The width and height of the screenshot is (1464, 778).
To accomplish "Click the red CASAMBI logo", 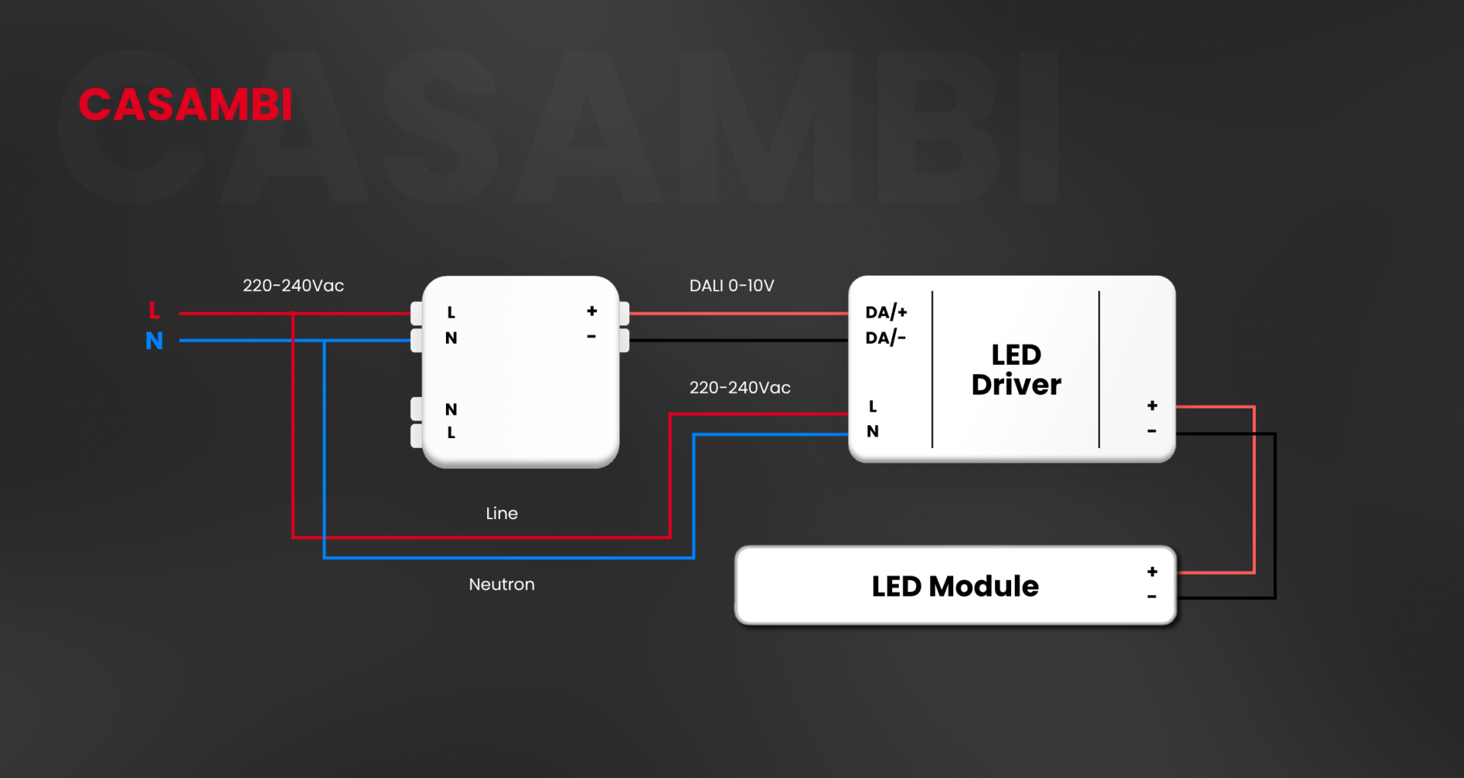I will click(185, 105).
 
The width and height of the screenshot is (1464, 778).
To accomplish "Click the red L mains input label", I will click(154, 310).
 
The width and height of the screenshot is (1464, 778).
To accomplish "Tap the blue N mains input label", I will click(154, 341).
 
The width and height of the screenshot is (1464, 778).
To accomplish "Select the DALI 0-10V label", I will click(731, 286).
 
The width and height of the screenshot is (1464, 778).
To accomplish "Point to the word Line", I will click(502, 514).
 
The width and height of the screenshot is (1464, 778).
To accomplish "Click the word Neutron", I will click(502, 584).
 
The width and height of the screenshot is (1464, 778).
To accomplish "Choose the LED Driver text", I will click(1016, 370).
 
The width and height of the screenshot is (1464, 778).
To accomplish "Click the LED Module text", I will click(955, 586).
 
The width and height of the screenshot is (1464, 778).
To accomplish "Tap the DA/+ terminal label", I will click(886, 312).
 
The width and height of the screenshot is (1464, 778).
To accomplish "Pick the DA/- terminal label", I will click(885, 338).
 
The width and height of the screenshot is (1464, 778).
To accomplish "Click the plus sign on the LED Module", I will click(1152, 571).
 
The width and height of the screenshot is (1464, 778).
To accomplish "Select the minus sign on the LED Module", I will click(1151, 597).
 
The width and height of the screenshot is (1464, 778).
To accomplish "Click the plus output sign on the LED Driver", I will click(1152, 405).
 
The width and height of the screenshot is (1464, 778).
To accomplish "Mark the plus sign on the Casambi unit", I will click(592, 311).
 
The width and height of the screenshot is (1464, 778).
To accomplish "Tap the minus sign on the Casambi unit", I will click(591, 336).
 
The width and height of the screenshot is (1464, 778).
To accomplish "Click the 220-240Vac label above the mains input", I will click(293, 286).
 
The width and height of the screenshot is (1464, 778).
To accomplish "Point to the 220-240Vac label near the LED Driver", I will click(740, 388).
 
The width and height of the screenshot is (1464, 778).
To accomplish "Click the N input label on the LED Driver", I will click(873, 431).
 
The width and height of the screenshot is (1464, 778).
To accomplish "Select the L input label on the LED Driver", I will click(873, 406).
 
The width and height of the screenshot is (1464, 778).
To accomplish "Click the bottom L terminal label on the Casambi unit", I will click(451, 433).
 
